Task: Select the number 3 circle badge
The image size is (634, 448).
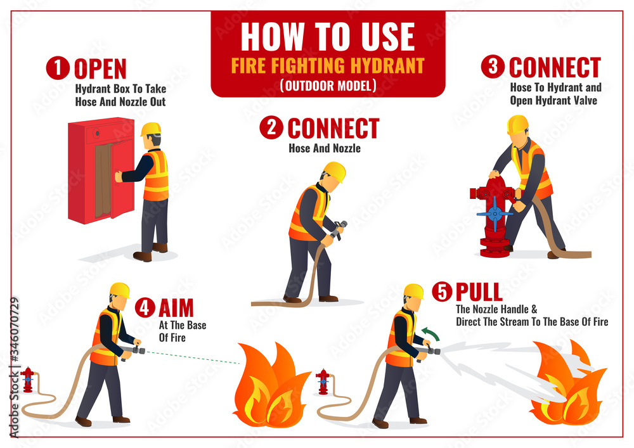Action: (x=493, y=67)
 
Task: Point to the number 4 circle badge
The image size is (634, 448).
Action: (x=145, y=308)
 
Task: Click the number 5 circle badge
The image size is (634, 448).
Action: (x=442, y=291)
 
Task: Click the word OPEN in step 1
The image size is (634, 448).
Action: (x=100, y=68)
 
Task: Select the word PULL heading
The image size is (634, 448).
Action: (x=479, y=291)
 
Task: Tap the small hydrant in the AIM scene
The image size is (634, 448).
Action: (x=27, y=380)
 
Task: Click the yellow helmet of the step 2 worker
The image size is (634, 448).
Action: (x=334, y=170)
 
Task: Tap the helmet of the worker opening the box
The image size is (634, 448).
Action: (x=151, y=129)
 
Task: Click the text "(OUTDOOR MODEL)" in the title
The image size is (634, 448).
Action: (x=328, y=85)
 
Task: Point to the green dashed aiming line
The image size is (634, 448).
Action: (x=190, y=357)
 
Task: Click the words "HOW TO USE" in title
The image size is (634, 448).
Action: (x=327, y=37)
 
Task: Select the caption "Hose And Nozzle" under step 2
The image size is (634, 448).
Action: (x=325, y=148)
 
